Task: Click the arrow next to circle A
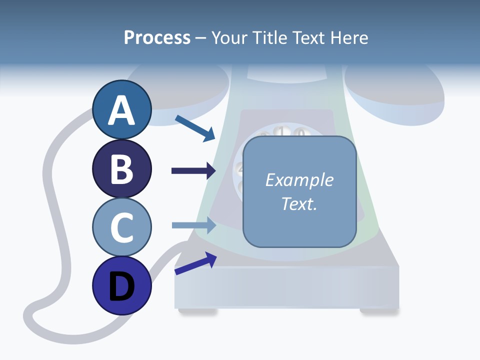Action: pos(195,128)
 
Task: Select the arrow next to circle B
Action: pos(194,171)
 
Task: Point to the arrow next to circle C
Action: pos(194,225)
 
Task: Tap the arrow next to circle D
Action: pos(195,263)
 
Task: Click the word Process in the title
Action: pos(157,37)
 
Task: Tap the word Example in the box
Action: pos(299,180)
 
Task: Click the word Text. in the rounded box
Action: pos(299,203)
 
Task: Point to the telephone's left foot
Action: pos(198,311)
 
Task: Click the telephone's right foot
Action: pos(378,311)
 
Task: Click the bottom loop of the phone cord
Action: pos(37,320)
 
